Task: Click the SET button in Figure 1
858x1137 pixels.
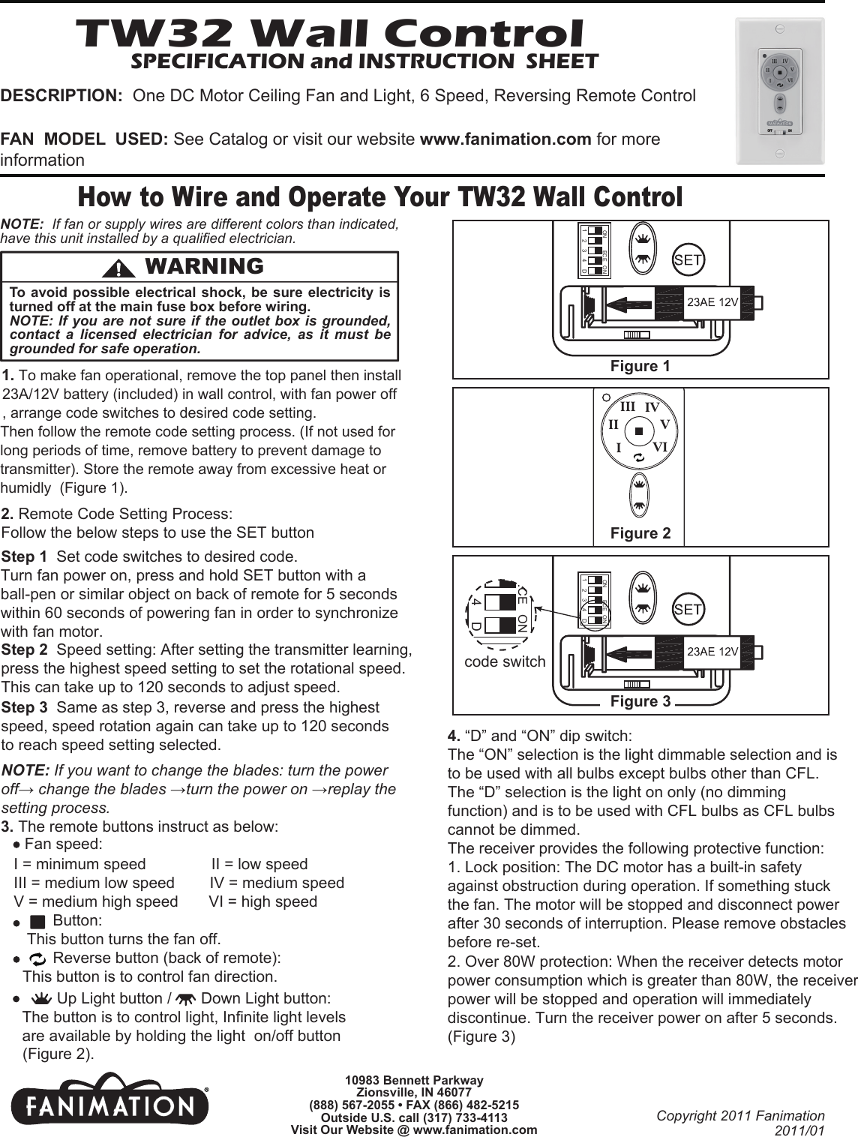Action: click(x=688, y=260)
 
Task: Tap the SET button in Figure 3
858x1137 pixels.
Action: click(x=688, y=609)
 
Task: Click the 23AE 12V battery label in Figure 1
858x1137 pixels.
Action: click(x=713, y=302)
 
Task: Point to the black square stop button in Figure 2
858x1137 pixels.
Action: click(x=638, y=430)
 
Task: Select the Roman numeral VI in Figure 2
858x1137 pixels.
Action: click(x=660, y=447)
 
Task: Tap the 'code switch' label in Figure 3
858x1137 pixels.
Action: click(x=505, y=661)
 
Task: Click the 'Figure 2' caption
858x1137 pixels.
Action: click(x=640, y=533)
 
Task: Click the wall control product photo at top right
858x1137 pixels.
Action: click(x=779, y=91)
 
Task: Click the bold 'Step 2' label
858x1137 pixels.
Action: click(x=26, y=649)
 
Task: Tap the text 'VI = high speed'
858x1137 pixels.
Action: click(x=262, y=901)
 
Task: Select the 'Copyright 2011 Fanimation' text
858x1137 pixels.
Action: click(x=739, y=1115)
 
